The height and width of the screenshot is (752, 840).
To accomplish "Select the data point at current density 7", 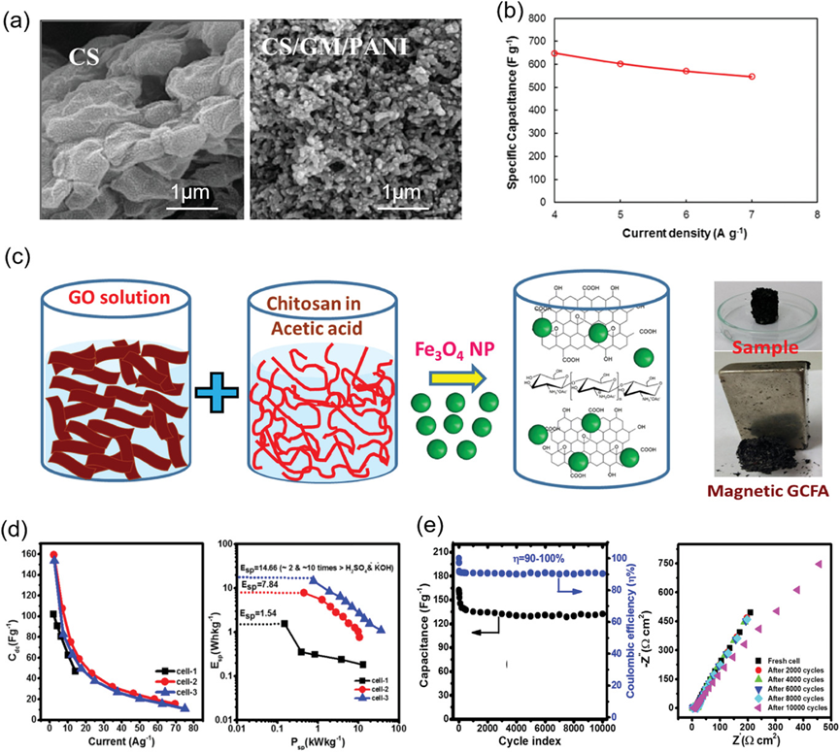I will click(x=751, y=77).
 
